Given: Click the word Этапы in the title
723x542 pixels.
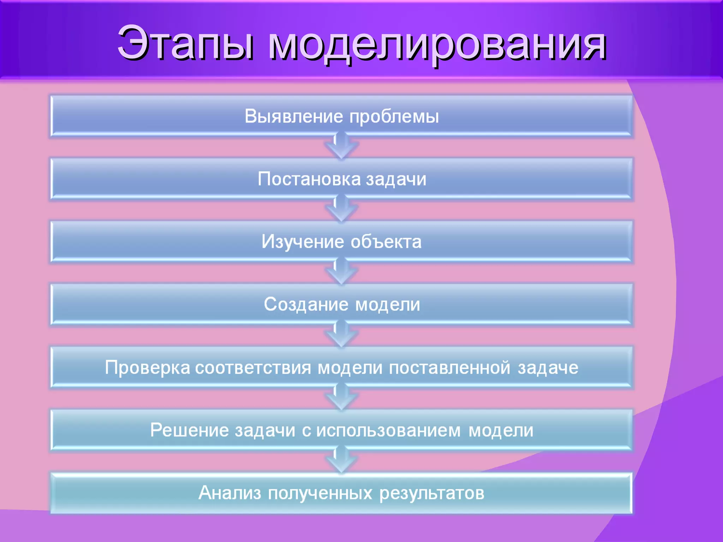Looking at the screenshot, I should click(185, 43).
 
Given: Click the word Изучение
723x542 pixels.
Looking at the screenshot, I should click(303, 242).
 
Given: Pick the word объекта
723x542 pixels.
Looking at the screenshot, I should click(386, 242).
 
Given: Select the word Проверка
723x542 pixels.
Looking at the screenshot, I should click(148, 368).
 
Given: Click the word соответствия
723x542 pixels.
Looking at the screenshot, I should click(253, 368).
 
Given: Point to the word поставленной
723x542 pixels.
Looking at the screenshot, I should click(449, 368).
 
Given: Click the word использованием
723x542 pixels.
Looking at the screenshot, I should click(388, 430).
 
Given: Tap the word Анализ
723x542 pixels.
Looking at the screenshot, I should click(229, 493).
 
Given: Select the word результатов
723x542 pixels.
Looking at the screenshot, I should click(431, 493).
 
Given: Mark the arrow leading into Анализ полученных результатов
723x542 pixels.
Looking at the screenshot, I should click(342, 460).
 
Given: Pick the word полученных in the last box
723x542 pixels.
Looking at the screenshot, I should click(320, 493).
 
